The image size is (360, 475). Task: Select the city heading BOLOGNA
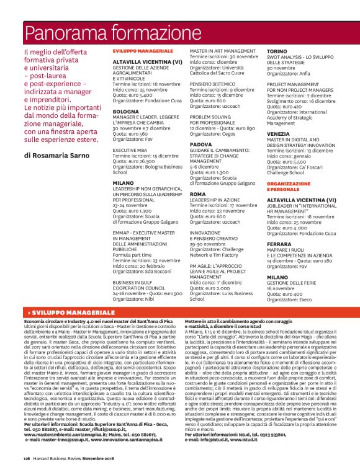pyautogui.click(x=125, y=111)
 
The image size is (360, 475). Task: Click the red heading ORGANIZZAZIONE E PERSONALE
pyautogui.click(x=288, y=187)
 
